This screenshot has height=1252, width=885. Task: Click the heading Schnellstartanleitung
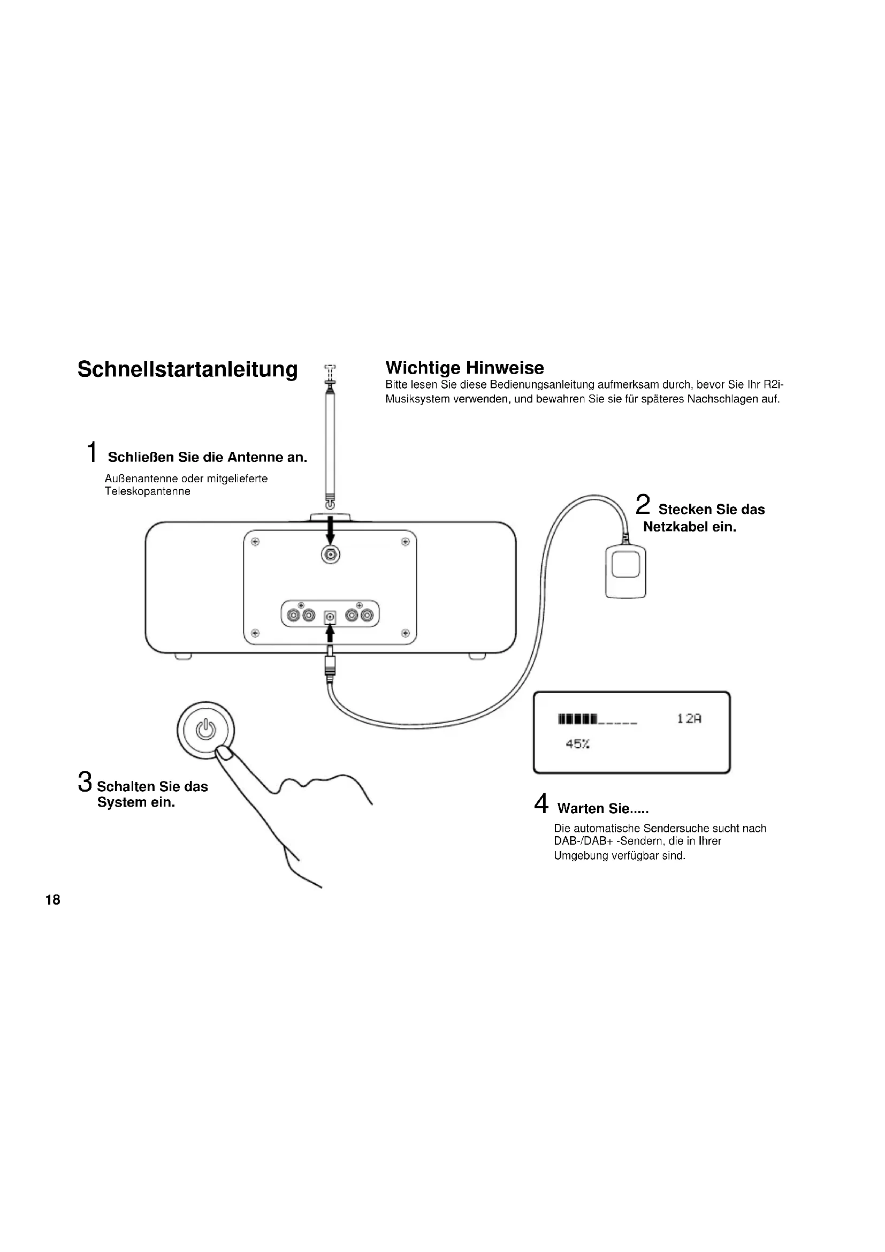tap(187, 370)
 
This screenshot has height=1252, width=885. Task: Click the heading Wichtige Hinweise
tap(464, 368)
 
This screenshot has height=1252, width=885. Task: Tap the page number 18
tap(53, 900)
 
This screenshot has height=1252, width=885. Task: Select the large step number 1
tap(93, 452)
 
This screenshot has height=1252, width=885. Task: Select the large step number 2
tap(643, 504)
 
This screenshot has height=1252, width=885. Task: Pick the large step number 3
tap(85, 781)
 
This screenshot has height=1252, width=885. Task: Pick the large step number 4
tap(541, 803)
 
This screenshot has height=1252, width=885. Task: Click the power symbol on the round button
tap(206, 729)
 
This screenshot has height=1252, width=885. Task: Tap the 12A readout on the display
tap(689, 719)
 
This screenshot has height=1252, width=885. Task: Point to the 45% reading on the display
tap(578, 744)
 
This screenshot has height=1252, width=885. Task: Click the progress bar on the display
tap(597, 719)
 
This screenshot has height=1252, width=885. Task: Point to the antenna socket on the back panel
tap(330, 555)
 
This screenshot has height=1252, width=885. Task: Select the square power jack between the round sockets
tap(330, 617)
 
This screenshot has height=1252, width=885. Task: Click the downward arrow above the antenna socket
tap(330, 532)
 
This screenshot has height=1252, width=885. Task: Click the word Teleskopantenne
tap(148, 491)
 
